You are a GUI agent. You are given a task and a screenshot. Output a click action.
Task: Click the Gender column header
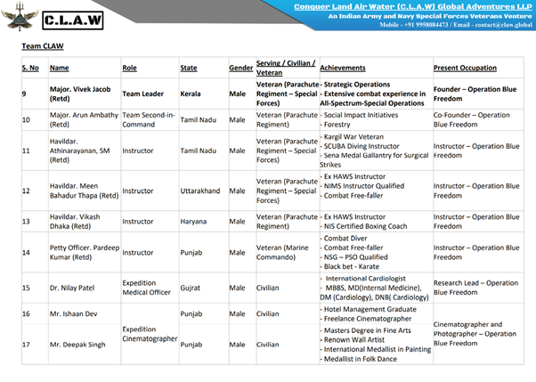tap(240, 67)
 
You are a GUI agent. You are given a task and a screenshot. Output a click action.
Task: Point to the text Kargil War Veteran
tap(355, 136)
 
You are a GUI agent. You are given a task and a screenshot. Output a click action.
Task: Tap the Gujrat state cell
tap(194, 288)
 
